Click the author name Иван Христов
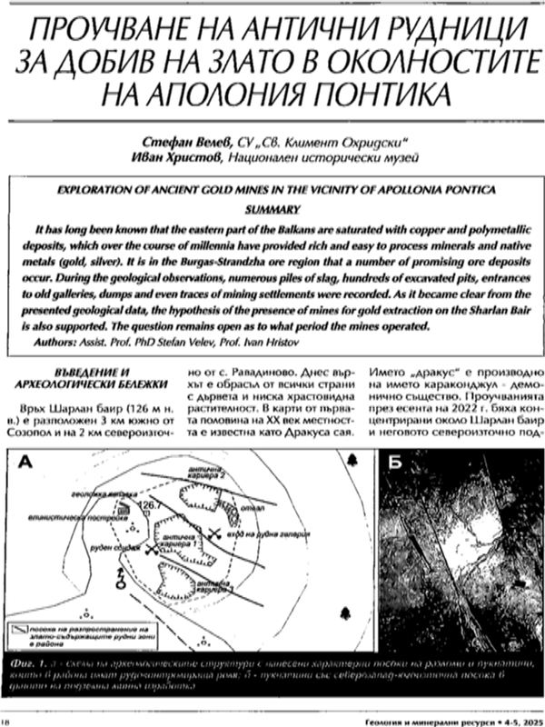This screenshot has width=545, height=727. (191, 159)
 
